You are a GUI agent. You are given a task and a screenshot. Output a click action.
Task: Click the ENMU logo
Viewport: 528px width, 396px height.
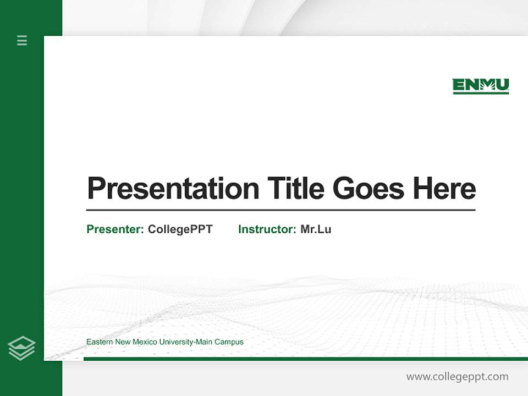(480, 86)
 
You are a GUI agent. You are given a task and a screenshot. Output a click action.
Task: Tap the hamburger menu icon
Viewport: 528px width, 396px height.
(22, 40)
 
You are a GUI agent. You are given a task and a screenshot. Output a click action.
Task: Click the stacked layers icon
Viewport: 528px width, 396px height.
(21, 348)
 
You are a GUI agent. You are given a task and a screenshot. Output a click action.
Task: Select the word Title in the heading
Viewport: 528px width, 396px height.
(296, 189)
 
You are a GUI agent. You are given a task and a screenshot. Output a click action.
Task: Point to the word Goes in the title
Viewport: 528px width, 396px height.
(369, 189)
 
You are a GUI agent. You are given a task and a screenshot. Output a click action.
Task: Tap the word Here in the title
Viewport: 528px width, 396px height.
(444, 189)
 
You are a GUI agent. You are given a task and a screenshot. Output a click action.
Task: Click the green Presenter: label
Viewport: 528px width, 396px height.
(116, 229)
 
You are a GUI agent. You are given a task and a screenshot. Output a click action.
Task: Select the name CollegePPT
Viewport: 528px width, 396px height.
(180, 229)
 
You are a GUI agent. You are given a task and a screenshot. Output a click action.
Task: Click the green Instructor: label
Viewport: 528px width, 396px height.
(267, 229)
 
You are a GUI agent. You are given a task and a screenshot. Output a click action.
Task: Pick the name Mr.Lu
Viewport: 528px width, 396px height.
(316, 229)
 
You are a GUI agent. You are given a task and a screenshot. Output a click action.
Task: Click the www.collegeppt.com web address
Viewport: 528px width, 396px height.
(457, 377)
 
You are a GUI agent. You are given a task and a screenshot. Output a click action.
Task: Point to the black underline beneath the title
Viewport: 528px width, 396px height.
(280, 210)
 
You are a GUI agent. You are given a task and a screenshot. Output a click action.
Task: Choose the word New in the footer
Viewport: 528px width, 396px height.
(122, 342)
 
